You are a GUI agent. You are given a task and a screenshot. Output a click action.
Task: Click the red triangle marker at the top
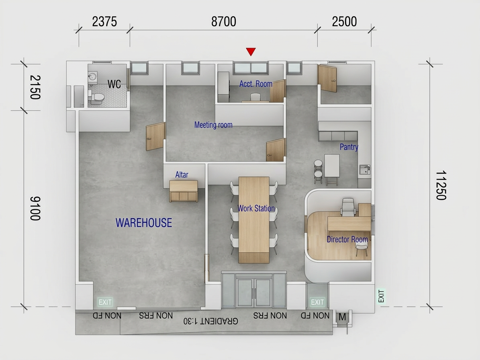click(251, 51)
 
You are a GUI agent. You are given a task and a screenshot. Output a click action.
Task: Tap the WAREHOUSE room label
click(143, 223)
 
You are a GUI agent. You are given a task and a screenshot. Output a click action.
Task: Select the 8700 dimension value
click(224, 22)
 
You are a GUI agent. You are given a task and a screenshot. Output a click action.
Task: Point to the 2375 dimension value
click(104, 22)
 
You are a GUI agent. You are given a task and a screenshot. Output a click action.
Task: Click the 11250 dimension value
click(441, 185)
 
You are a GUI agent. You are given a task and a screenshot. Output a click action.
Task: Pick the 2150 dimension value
click(35, 87)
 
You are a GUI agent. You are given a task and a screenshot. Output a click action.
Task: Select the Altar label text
click(182, 175)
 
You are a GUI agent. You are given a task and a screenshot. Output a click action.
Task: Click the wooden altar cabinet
click(184, 191)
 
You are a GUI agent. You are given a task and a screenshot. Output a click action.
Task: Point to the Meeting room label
click(213, 125)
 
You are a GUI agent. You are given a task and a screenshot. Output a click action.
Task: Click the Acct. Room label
click(255, 84)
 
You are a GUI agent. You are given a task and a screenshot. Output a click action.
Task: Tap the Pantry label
click(349, 147)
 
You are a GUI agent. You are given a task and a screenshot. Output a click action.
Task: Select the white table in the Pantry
click(332, 166)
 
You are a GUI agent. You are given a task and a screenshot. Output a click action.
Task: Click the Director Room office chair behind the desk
click(348, 207)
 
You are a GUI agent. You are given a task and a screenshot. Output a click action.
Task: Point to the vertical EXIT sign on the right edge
click(381, 296)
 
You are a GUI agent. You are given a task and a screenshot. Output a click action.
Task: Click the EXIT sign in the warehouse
click(105, 302)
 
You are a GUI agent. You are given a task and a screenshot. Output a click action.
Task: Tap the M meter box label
click(342, 317)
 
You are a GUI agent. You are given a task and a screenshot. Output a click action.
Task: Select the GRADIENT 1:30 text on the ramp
click(210, 321)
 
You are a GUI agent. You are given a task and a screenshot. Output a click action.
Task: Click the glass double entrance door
click(254, 292)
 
